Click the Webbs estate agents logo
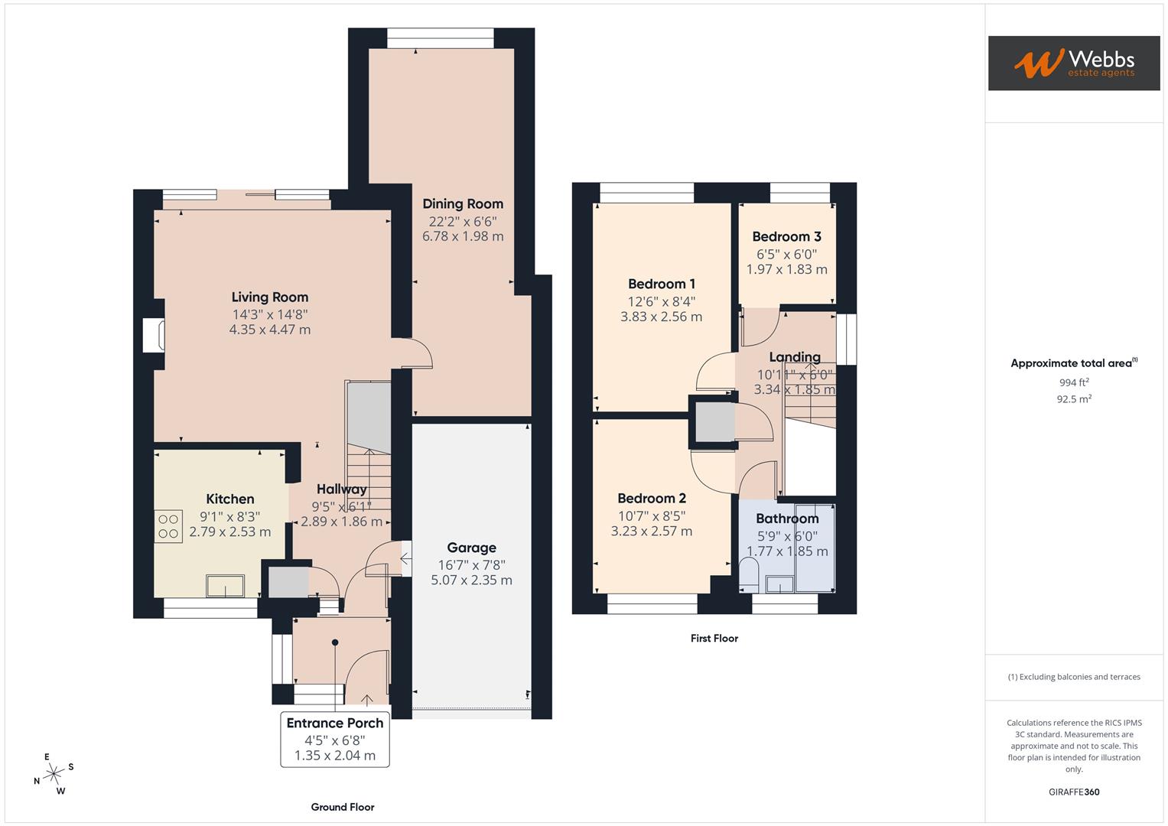[x=1073, y=63]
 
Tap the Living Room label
[x=270, y=298]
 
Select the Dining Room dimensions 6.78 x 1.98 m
[x=463, y=236]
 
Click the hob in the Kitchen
[x=168, y=526]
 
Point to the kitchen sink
[x=225, y=587]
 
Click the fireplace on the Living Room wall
[x=154, y=336]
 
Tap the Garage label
[x=471, y=548]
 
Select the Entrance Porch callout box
[x=335, y=739]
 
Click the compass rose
[x=54, y=774]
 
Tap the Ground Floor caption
[x=342, y=807]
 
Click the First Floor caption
[x=714, y=638]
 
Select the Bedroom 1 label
[x=662, y=284]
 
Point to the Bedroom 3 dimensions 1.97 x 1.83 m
[x=786, y=269]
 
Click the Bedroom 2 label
[x=651, y=499]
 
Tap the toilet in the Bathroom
[x=749, y=575]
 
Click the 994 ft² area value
[x=1073, y=382]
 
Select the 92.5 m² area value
[x=1073, y=398]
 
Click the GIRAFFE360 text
[x=1073, y=792]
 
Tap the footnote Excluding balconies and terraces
[x=1073, y=677]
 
